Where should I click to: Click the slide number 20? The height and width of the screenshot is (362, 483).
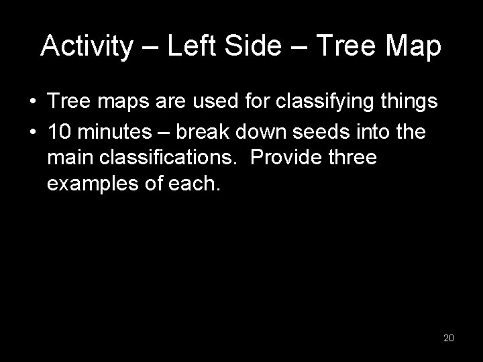(449, 338)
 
